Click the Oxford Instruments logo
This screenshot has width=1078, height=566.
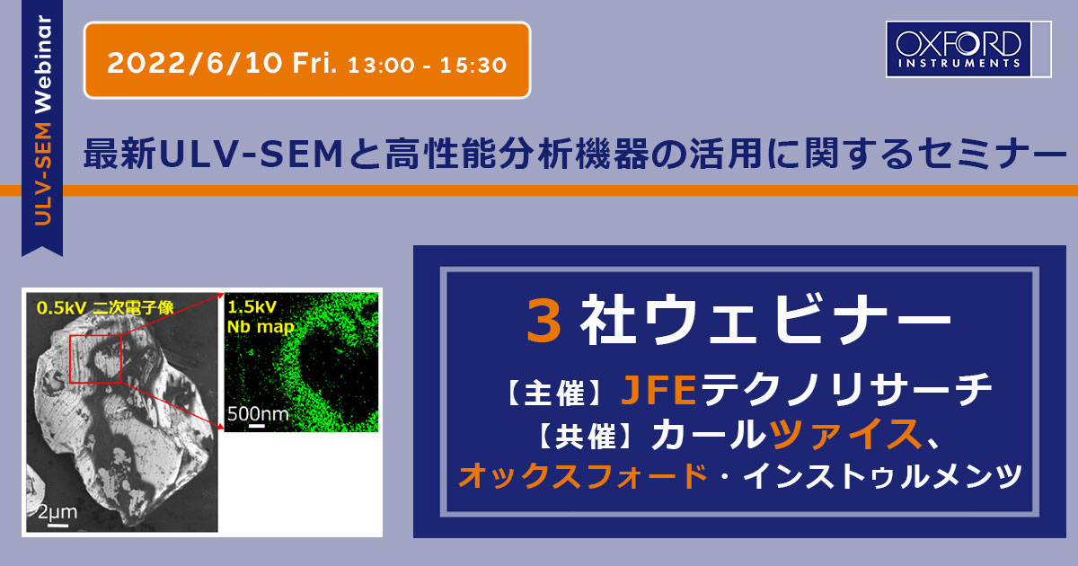pyautogui.click(x=968, y=49)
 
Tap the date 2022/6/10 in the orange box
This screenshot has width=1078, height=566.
pyautogui.click(x=194, y=63)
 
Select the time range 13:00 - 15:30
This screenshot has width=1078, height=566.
pyautogui.click(x=428, y=65)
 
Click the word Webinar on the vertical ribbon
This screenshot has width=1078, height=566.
pyautogui.click(x=43, y=64)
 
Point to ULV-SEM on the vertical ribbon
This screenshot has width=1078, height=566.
pyautogui.click(x=43, y=173)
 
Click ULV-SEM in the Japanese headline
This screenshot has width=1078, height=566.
pyautogui.click(x=251, y=155)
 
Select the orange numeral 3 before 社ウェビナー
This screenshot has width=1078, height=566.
pyautogui.click(x=543, y=320)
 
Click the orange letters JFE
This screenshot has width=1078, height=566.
pyautogui.click(x=658, y=389)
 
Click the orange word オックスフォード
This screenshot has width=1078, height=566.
pyautogui.click(x=583, y=475)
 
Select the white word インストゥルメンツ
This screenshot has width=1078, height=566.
pyautogui.click(x=882, y=475)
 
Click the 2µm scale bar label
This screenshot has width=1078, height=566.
pyautogui.click(x=57, y=511)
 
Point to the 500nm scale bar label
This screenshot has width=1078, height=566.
pyautogui.click(x=258, y=413)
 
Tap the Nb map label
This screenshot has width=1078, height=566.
pyautogui.click(x=261, y=327)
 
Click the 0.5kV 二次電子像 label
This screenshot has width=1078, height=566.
pyautogui.click(x=105, y=307)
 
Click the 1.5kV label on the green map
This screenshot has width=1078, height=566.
pyautogui.click(x=252, y=307)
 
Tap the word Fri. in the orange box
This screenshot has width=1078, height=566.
pyautogui.click(x=314, y=63)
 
